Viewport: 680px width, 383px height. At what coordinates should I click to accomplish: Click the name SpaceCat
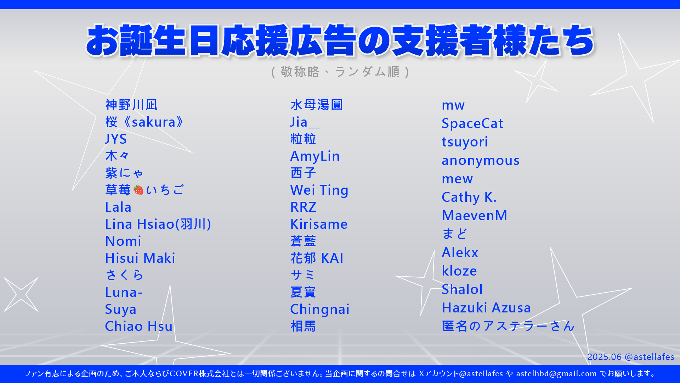472,123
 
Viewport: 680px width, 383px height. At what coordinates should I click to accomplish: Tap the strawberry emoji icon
139,190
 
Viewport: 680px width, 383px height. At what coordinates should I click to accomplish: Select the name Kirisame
319,224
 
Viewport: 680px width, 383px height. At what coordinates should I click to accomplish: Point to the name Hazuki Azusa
486,308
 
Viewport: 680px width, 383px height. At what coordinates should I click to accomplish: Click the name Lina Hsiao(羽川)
158,224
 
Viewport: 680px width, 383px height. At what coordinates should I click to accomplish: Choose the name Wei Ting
319,190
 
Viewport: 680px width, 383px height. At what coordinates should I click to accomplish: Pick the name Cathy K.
469,197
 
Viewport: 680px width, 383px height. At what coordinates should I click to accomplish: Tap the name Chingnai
320,310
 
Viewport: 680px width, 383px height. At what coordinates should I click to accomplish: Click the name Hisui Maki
140,258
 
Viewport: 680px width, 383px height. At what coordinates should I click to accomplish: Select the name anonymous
481,161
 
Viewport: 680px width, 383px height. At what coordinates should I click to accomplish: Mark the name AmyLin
315,156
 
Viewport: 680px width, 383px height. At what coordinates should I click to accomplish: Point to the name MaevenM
475,216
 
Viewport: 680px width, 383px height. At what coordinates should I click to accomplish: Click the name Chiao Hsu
139,326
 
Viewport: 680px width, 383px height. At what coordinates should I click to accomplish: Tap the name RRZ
304,207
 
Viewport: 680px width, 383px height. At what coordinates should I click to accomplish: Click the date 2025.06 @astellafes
631,357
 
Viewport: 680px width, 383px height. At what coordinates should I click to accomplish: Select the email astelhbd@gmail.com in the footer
556,373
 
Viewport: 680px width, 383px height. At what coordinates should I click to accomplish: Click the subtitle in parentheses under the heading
340,72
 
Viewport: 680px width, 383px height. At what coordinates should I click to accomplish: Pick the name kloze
459,271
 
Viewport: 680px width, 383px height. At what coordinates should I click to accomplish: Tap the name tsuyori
465,142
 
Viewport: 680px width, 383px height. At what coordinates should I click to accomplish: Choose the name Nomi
123,241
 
